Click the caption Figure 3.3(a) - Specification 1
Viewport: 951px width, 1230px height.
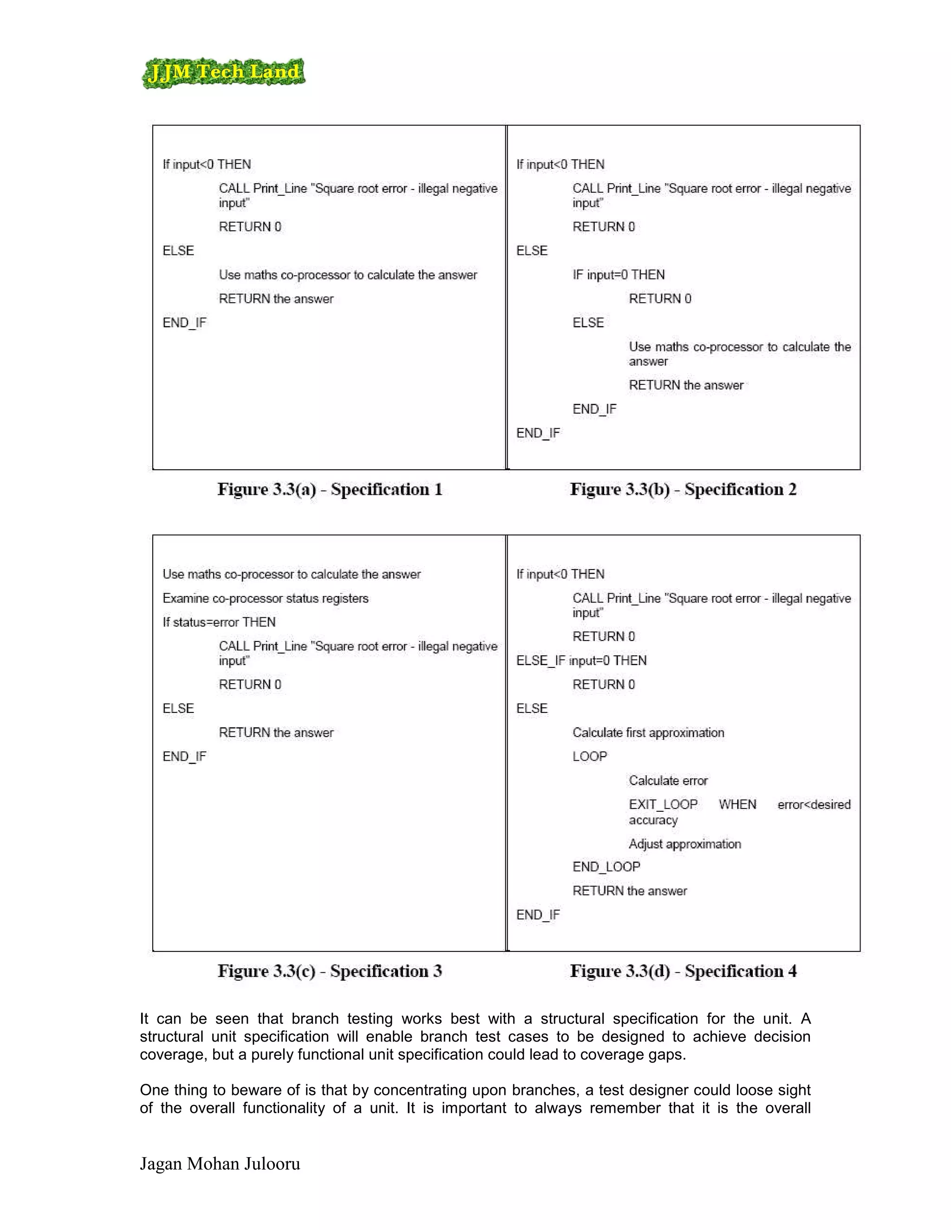pos(330,489)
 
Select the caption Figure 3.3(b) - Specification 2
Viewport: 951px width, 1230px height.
pos(683,489)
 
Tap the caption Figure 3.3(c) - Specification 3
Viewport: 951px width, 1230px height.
pos(330,971)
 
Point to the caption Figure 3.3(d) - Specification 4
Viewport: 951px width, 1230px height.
pos(683,971)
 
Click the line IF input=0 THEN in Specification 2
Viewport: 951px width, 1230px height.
pos(618,275)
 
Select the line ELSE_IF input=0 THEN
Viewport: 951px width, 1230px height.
pos(581,660)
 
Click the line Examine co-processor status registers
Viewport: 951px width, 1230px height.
pos(265,598)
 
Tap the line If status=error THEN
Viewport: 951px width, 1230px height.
pos(219,622)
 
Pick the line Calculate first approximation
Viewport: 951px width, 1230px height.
pos(648,733)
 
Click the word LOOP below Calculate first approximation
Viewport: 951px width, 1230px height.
pos(589,757)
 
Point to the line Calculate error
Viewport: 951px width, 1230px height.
pos(668,781)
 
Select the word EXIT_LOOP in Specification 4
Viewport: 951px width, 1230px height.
pos(663,805)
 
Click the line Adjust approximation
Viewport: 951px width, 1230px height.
pos(684,844)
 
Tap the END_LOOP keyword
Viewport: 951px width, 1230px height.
pos(606,867)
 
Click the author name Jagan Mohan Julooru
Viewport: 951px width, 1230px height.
pos(220,1164)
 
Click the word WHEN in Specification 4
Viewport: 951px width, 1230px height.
pos(737,805)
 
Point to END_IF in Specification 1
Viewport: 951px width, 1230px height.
pos(185,323)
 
